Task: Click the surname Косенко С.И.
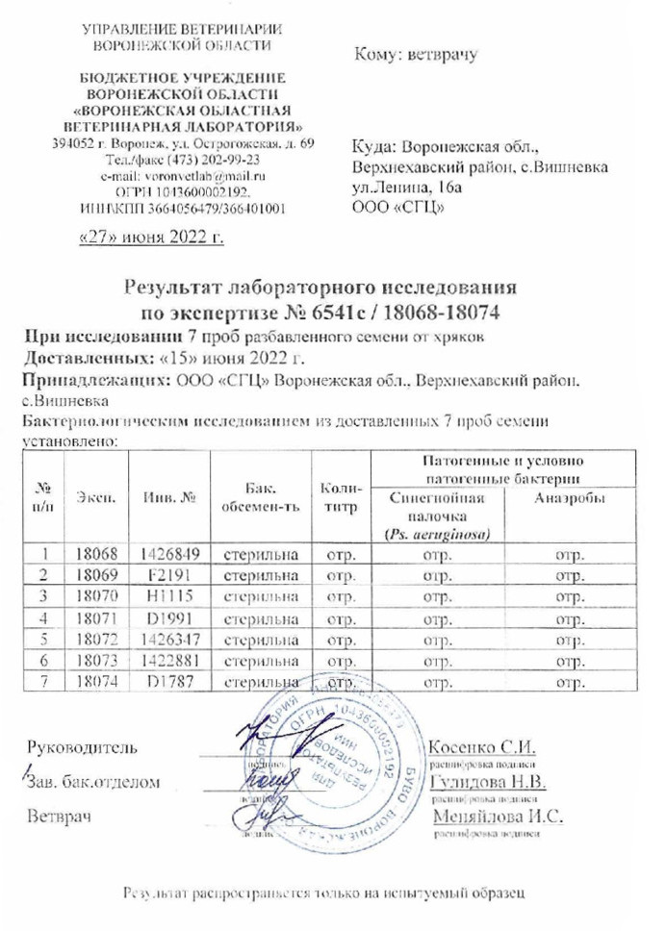point(480,746)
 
